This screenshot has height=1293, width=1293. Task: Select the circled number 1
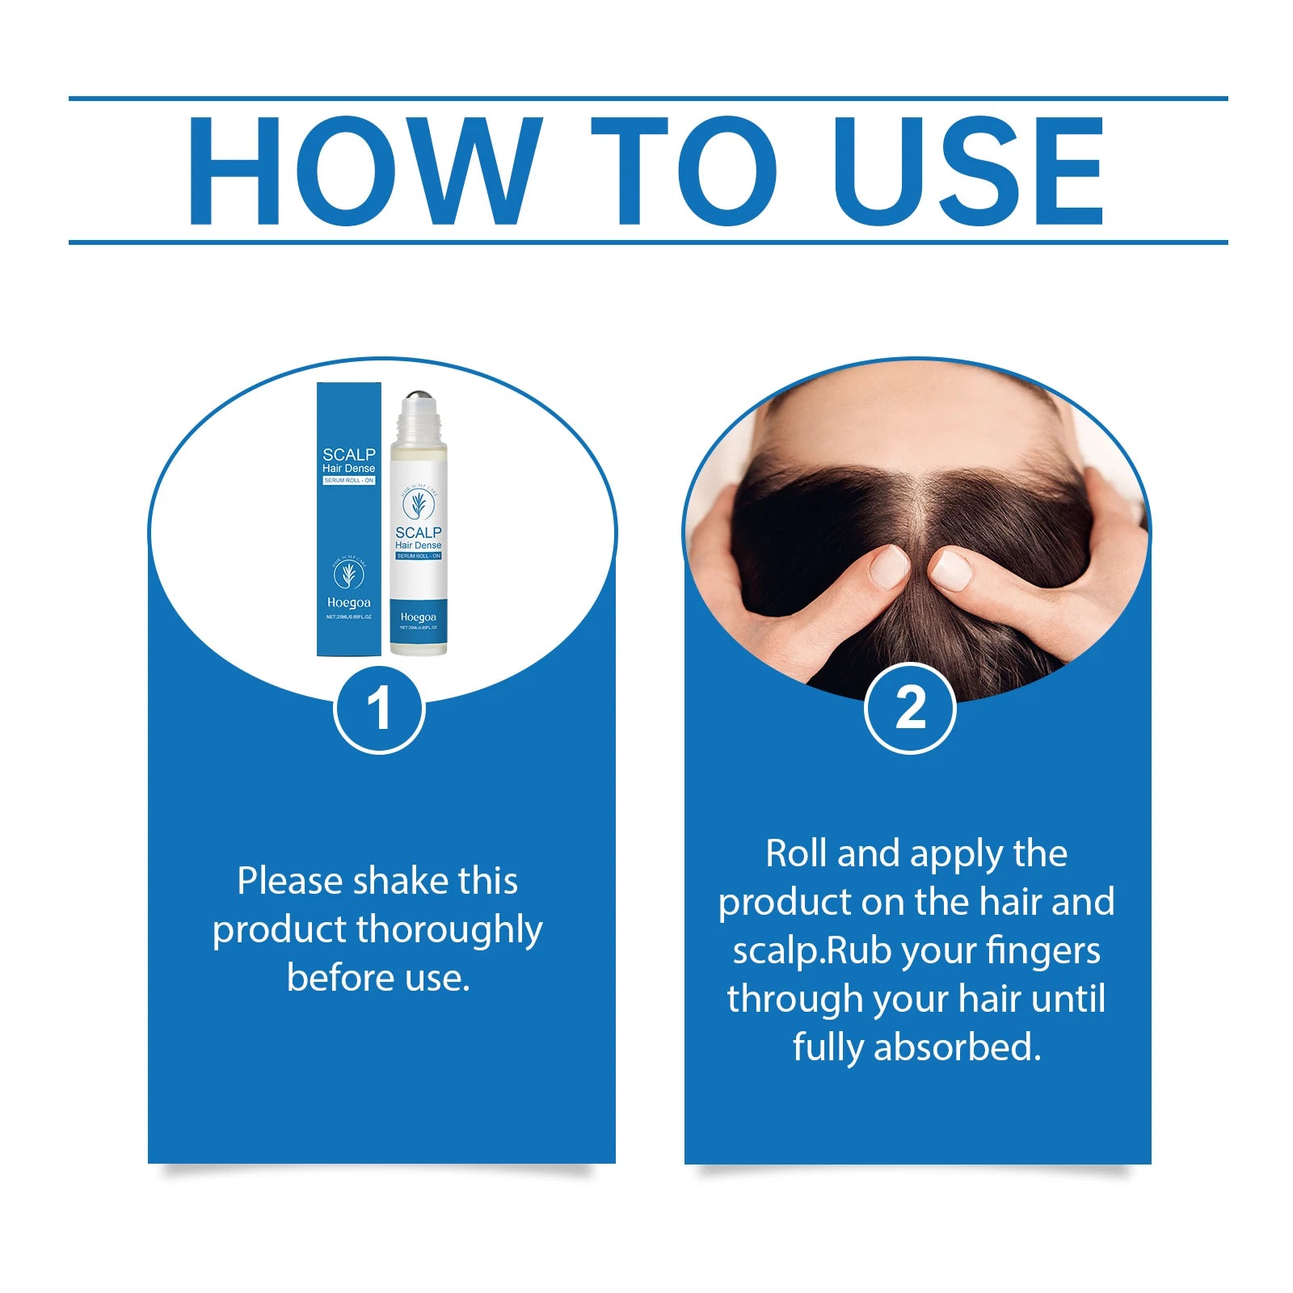pos(379,709)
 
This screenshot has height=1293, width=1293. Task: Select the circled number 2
pos(910,709)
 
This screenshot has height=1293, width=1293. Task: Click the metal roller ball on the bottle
pos(418,402)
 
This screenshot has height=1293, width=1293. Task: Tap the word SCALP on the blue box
pos(348,455)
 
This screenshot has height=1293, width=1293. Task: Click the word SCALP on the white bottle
pos(418,533)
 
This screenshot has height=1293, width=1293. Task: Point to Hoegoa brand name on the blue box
pos(348,603)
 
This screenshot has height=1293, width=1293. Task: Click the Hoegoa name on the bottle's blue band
pos(418,617)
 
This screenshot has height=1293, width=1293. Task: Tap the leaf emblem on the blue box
pos(348,574)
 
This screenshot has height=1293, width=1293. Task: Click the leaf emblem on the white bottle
pos(418,504)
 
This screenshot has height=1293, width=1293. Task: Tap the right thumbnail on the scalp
pos(950,569)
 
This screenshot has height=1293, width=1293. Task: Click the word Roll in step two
pos(797,854)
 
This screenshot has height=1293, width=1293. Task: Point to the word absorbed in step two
pos(957,1047)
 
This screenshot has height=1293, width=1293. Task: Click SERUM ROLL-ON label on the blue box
pos(348,481)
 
